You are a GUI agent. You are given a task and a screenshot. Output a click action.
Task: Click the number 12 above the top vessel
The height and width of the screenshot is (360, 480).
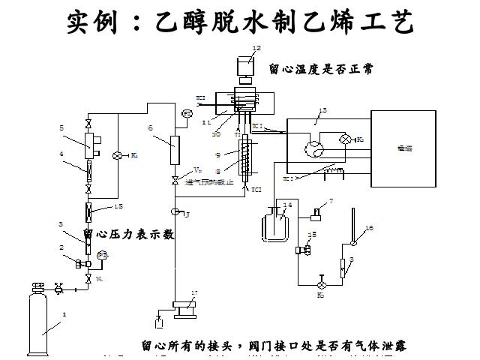[256, 48]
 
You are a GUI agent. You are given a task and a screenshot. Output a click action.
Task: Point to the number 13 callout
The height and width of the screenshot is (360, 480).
[323, 110]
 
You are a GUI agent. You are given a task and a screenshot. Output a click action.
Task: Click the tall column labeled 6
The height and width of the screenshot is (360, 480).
[175, 150]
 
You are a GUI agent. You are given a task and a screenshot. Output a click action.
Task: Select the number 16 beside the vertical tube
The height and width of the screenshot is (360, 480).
[368, 226]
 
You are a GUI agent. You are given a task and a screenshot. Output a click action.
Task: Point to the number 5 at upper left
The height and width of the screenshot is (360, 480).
[61, 128]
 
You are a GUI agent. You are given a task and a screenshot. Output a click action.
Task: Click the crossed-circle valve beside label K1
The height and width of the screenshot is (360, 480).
[118, 155]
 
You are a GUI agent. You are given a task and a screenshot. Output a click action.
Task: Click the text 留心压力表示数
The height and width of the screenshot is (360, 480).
[128, 234]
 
